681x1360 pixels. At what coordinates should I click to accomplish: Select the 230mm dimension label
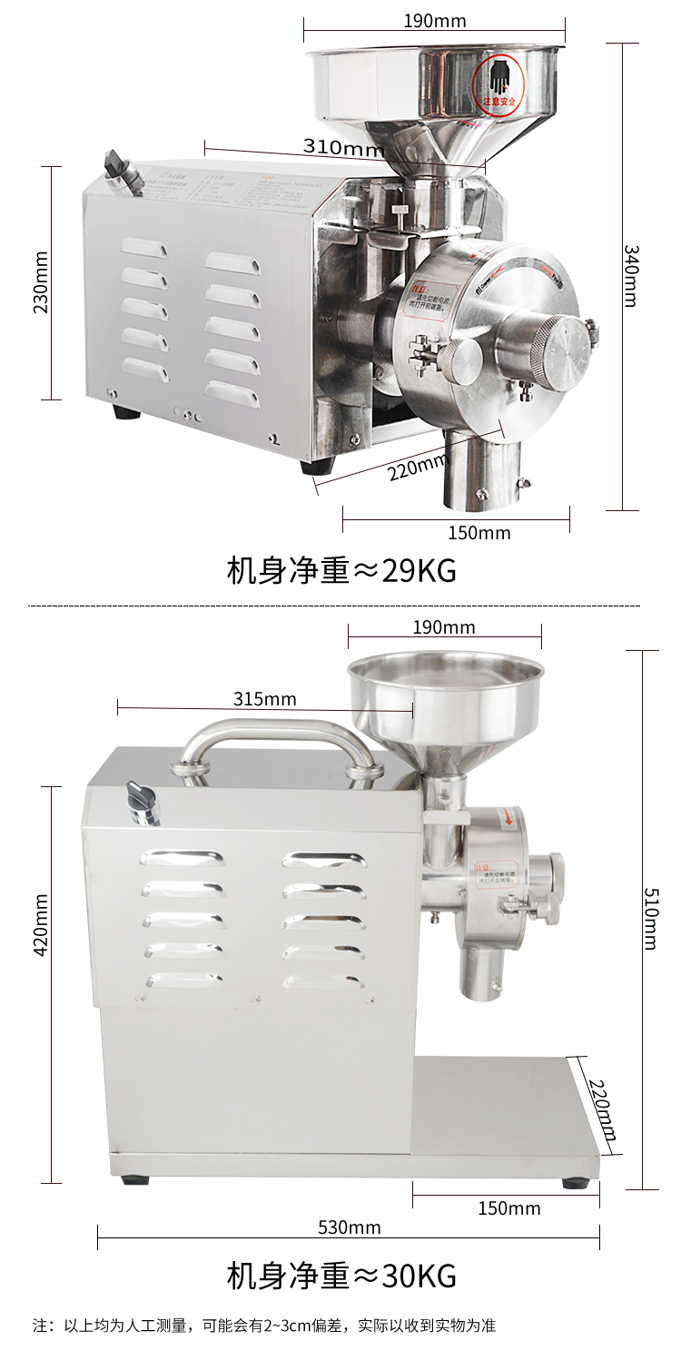[x=41, y=282]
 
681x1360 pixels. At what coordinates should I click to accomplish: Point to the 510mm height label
[x=650, y=918]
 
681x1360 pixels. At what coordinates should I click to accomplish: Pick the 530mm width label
[x=350, y=1227]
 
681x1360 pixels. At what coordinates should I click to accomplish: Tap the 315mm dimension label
[x=265, y=698]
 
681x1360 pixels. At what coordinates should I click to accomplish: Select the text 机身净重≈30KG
[x=340, y=1276]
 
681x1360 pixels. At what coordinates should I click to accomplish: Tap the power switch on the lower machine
[x=143, y=801]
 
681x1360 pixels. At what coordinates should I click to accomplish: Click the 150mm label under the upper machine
[x=479, y=533]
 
